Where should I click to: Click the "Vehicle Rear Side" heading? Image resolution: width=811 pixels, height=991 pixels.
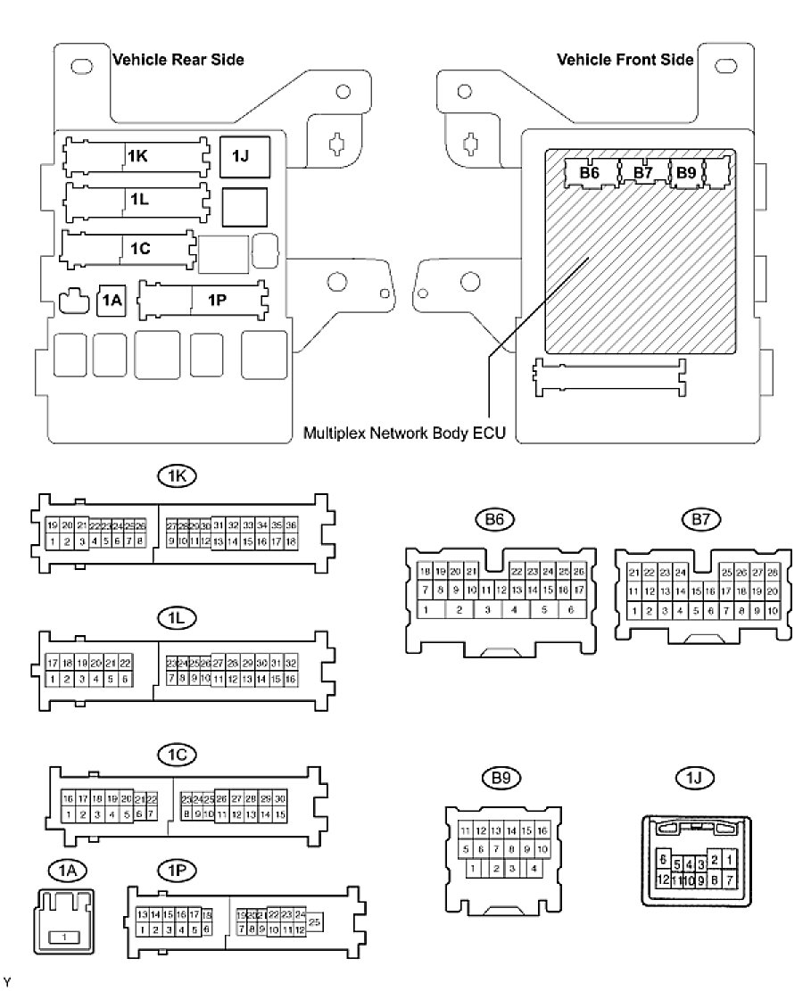pyautogui.click(x=178, y=60)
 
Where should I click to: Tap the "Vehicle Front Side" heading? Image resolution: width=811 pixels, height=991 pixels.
pyautogui.click(x=625, y=60)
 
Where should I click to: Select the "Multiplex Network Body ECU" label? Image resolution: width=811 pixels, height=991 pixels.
pyautogui.click(x=405, y=434)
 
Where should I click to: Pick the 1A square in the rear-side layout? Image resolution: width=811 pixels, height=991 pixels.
pyautogui.click(x=111, y=301)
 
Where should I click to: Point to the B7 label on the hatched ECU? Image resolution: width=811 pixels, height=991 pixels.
pyautogui.click(x=643, y=172)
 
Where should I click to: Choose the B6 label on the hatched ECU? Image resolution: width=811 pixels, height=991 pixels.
pyautogui.click(x=590, y=172)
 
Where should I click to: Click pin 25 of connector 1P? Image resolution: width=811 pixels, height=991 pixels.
pyautogui.click(x=316, y=921)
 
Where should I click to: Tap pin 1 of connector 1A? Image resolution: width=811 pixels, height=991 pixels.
pyautogui.click(x=63, y=937)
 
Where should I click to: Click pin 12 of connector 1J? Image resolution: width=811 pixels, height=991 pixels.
pyautogui.click(x=662, y=880)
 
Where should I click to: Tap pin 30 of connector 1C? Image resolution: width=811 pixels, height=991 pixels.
pyautogui.click(x=279, y=798)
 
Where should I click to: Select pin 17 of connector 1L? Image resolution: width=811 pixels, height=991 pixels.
pyautogui.click(x=53, y=664)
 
